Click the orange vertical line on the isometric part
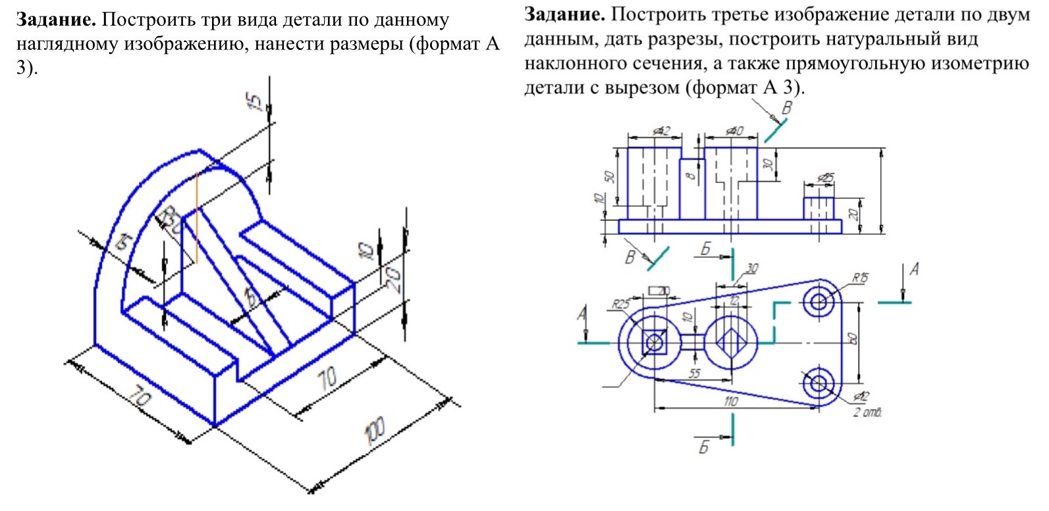196,217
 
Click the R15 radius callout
860,278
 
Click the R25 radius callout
620,304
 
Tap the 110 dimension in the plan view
731,401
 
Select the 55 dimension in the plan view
694,374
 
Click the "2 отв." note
867,412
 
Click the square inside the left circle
655,342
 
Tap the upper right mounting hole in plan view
819,302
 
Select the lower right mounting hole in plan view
819,382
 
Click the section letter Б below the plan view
703,447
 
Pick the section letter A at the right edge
914,269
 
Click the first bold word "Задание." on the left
56,20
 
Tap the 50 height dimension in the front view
609,177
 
